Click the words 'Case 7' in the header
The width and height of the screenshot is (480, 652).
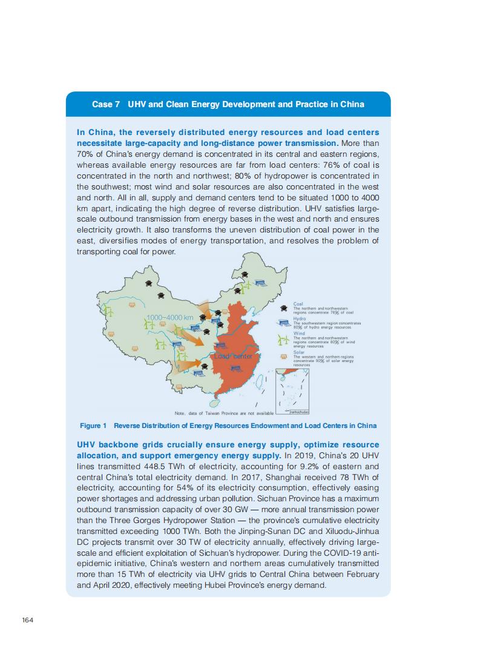105,104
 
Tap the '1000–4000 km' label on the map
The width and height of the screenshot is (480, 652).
169,318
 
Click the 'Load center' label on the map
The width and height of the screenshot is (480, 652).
233,357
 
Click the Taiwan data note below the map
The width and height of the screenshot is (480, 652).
224,413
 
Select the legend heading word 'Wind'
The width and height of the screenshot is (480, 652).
299,333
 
